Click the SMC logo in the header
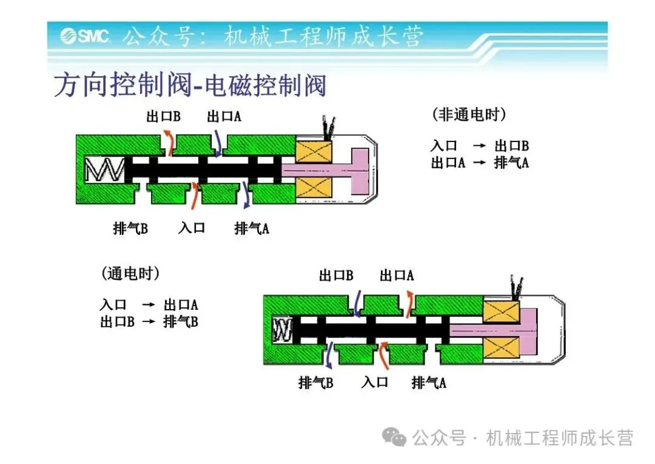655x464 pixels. point(85,36)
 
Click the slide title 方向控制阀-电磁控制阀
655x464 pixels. point(190,86)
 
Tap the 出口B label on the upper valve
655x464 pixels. point(163,116)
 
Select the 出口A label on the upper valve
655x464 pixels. point(224,116)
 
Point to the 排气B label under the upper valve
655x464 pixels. point(130,228)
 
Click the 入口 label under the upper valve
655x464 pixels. point(192,228)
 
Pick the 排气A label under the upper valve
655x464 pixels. point(252,228)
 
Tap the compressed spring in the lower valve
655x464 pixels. point(283,330)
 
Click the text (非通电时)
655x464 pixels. point(469,114)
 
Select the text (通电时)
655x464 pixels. point(130,274)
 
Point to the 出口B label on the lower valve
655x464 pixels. point(336,276)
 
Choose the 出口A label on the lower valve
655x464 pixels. point(397,276)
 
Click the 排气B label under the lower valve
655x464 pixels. point(315,383)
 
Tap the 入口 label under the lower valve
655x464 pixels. point(374,383)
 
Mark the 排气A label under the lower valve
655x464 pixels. point(429,383)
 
